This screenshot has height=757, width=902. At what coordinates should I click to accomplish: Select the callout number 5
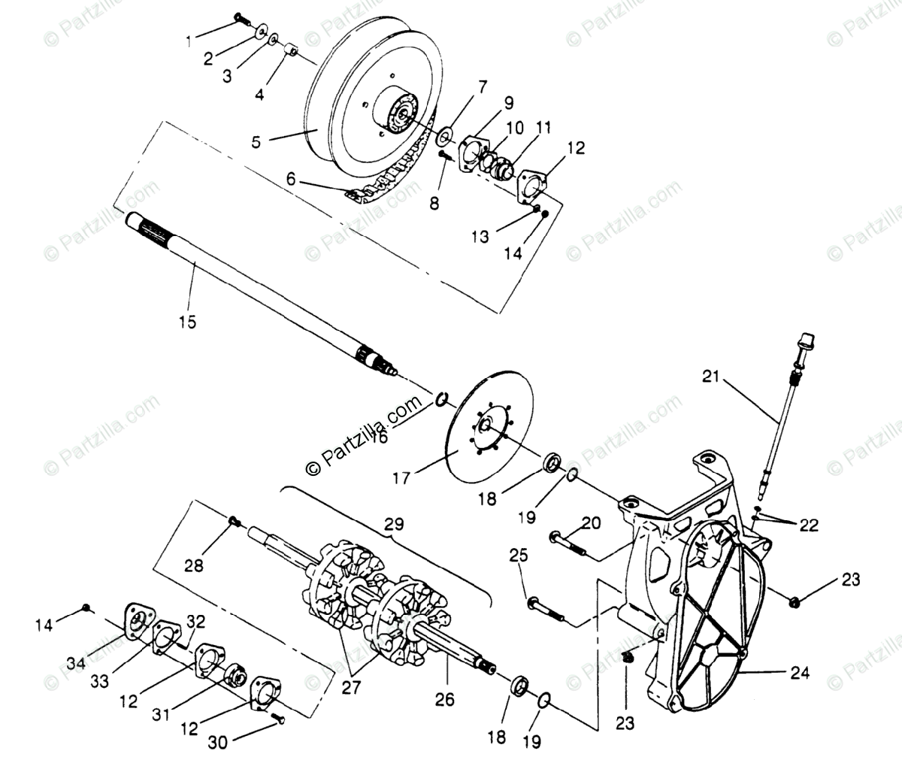point(256,142)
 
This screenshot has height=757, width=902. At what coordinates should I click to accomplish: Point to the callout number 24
point(800,673)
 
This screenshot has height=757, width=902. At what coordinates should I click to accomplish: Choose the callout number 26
point(444,699)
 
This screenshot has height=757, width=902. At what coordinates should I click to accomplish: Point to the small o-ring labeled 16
point(442,398)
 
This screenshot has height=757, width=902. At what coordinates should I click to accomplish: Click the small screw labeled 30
point(280,718)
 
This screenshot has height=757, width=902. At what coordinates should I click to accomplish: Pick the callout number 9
point(509,102)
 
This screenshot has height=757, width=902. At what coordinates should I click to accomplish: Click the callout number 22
point(809,525)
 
